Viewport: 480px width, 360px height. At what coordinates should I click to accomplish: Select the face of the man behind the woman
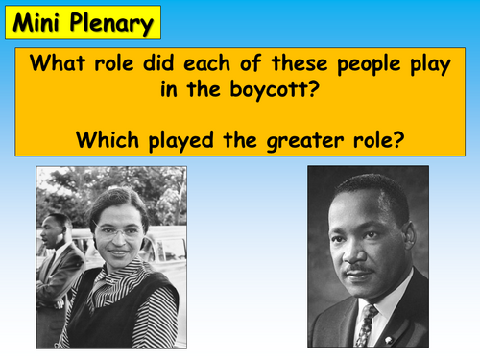click(54, 233)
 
